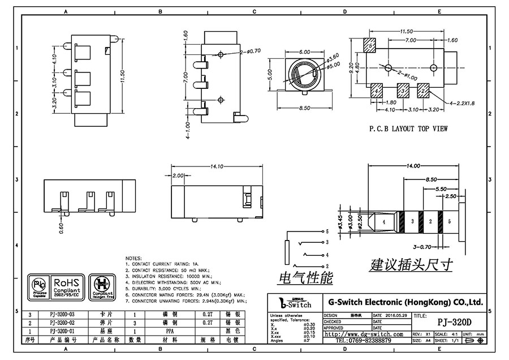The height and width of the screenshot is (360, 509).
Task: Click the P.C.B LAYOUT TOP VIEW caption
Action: (408, 128)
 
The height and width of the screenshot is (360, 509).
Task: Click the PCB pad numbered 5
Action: (370, 46)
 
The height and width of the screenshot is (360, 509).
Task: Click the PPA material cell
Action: (169, 331)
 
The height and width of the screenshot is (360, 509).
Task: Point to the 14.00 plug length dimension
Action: (412, 166)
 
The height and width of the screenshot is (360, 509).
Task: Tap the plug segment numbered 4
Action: (383, 222)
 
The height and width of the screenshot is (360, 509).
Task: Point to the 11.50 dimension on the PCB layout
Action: (406, 32)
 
